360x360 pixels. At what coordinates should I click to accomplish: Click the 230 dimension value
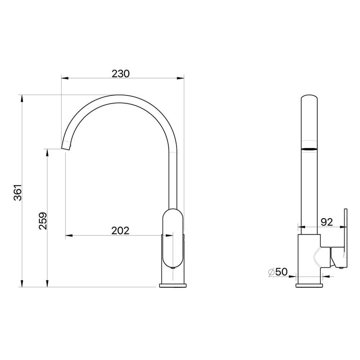pos(121,74)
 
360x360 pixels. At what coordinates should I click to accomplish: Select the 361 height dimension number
pos(18,192)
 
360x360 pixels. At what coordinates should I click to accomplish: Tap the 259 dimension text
pos(43,221)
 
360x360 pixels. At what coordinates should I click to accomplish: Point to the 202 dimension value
pos(120,230)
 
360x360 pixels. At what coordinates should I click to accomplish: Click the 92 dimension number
pos(327,222)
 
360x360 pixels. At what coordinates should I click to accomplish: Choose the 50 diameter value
pos(282,272)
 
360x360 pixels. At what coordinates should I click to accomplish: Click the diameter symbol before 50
pos(271,272)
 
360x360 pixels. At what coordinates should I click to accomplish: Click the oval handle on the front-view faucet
pos(173,238)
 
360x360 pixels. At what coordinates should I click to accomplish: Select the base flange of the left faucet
pos(173,285)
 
